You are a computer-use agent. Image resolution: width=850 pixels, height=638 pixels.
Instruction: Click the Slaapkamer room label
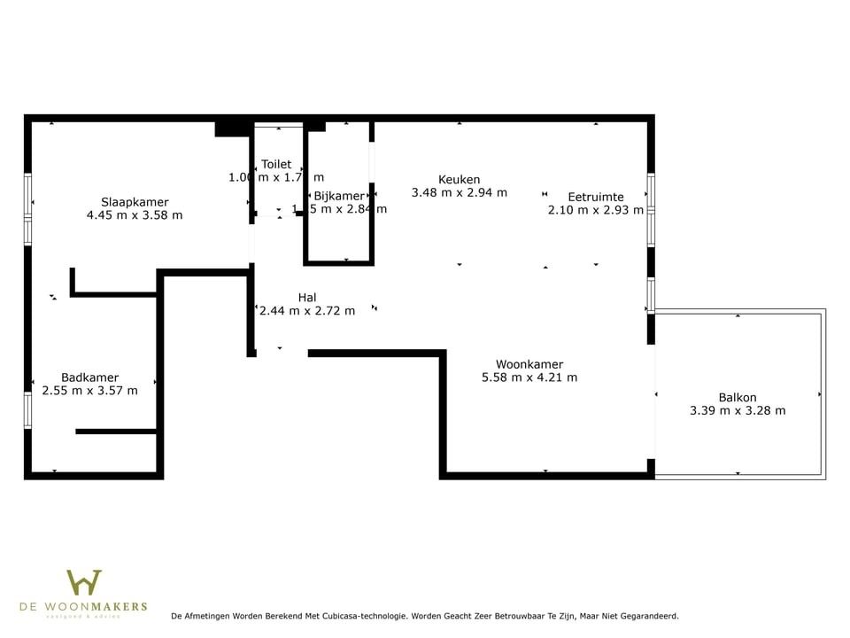(135, 202)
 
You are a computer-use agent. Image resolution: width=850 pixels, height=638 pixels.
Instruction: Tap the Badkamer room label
(89, 377)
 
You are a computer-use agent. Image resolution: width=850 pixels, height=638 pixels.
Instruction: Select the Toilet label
(276, 165)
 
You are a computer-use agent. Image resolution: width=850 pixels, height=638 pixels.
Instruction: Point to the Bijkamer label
(338, 197)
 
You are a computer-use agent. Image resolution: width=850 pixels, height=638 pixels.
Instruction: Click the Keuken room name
(460, 180)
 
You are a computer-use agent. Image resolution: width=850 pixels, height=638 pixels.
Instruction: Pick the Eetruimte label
(596, 197)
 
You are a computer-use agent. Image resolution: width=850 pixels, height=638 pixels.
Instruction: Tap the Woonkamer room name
(529, 364)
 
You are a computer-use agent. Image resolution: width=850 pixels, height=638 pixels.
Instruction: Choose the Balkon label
(738, 398)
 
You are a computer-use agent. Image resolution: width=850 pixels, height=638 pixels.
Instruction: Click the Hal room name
(307, 298)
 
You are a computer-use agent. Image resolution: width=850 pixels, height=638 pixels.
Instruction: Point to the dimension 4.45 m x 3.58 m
(135, 215)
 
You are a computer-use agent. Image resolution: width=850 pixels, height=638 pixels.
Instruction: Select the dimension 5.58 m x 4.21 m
(529, 377)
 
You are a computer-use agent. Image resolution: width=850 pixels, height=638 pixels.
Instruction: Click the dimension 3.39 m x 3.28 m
(738, 411)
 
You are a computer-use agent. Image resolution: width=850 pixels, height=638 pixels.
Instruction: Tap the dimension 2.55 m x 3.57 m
(89, 391)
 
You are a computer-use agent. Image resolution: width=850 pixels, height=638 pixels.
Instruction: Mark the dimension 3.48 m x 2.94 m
(460, 192)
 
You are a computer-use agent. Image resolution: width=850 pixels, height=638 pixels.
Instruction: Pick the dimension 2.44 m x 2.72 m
(307, 311)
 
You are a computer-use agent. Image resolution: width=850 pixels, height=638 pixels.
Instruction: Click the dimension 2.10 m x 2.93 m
(596, 210)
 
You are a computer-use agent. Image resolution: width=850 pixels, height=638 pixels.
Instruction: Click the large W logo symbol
(84, 583)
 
